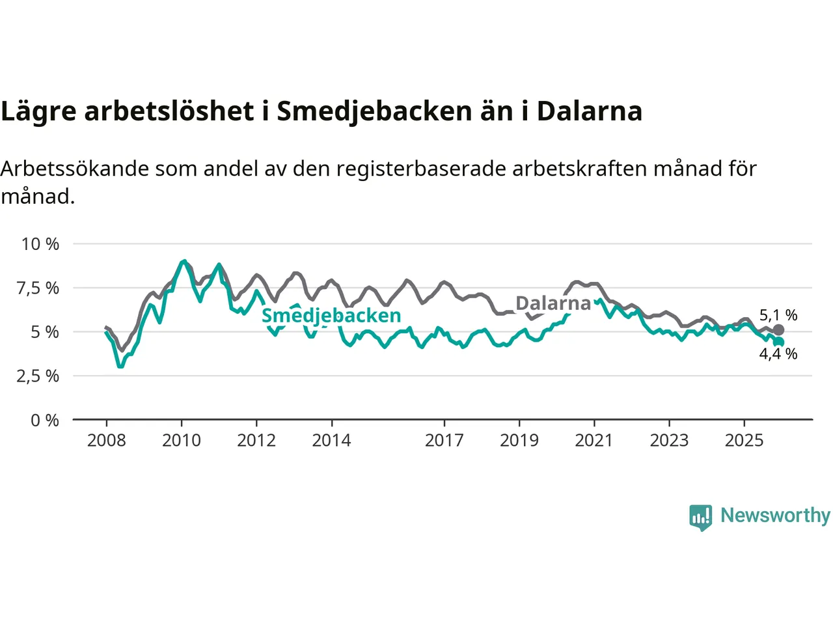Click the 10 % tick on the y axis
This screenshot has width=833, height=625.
point(40,244)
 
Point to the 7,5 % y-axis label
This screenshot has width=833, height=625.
point(38,288)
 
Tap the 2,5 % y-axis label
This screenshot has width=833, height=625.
point(38,376)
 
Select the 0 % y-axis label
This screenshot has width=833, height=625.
point(45,421)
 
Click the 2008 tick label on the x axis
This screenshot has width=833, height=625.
point(107,441)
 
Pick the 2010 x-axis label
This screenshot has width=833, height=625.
point(182,441)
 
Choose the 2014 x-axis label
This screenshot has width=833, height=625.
point(331,441)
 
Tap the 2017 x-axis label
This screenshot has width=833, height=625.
point(444,441)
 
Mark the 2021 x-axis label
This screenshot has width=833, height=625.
point(594,441)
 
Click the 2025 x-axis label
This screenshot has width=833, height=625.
point(744,441)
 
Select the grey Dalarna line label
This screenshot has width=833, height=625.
point(553,303)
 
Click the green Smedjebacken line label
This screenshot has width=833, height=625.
point(331,316)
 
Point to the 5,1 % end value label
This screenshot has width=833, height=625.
point(778,315)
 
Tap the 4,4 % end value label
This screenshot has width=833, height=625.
point(778,354)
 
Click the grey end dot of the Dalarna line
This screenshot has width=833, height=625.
point(778,330)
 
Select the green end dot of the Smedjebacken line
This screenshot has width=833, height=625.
point(779,342)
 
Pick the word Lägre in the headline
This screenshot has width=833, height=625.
point(38,112)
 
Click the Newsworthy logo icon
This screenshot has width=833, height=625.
point(701,517)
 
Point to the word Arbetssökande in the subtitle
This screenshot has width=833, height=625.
point(75,169)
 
